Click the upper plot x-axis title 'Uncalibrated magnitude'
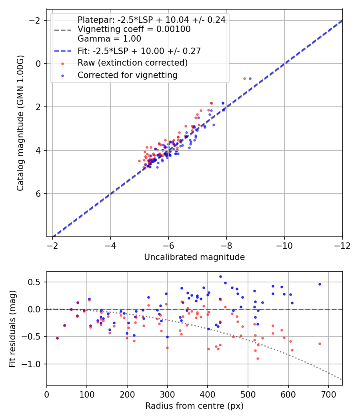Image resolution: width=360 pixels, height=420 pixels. (x=194, y=257)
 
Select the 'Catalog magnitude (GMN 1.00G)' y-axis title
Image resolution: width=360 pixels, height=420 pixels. (x=20, y=123)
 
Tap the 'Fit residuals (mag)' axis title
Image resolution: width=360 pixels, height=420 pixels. (x=12, y=328)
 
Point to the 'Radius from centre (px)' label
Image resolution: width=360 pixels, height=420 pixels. (x=194, y=406)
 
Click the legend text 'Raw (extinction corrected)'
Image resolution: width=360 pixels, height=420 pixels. (x=132, y=63)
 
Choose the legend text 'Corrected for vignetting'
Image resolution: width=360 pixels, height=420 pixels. (x=127, y=75)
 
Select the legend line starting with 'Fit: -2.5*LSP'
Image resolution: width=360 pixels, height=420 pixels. (x=139, y=51)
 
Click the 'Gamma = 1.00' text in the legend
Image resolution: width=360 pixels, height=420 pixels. (x=109, y=39)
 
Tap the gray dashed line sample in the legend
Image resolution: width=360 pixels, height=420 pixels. (x=62, y=30)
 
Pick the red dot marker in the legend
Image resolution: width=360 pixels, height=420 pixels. (x=62, y=63)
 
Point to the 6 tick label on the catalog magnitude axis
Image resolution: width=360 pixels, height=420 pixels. (x=39, y=194)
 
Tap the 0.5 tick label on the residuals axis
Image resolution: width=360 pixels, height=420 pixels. (x=36, y=282)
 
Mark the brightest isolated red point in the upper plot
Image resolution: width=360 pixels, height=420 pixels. (x=244, y=78)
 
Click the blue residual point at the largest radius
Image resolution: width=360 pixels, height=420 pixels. (x=320, y=284)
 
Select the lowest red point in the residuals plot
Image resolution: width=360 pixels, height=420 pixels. (x=258, y=358)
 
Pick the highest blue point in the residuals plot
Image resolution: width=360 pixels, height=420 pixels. (x=220, y=276)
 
